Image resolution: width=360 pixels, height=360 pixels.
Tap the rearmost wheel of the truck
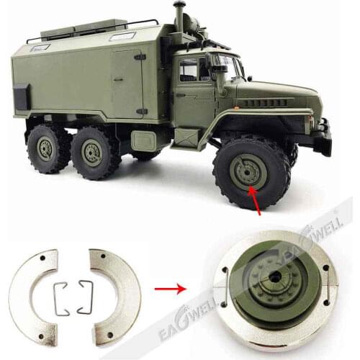[x=47, y=148]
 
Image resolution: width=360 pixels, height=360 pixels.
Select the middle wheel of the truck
[x=91, y=153]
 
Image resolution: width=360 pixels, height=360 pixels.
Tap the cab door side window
[x=189, y=70]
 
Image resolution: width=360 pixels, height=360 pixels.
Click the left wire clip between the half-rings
[x=61, y=297]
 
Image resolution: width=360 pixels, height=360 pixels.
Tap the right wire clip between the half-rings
[x=84, y=296]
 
